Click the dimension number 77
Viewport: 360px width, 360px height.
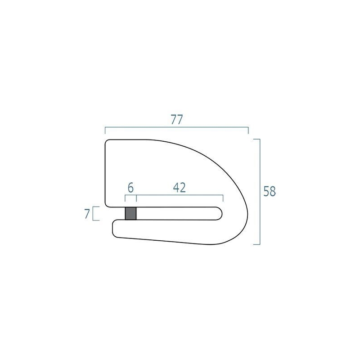click(x=177, y=119)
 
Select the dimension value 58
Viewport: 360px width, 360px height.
click(x=270, y=191)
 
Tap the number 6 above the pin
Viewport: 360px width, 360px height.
click(x=130, y=188)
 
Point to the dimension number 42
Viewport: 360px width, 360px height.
click(x=179, y=188)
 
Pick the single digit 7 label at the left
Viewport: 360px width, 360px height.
click(x=87, y=214)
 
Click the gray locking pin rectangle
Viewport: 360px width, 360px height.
click(x=130, y=213)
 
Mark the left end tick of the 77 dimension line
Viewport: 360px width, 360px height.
click(x=105, y=130)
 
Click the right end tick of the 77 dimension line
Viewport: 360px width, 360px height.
click(x=248, y=130)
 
